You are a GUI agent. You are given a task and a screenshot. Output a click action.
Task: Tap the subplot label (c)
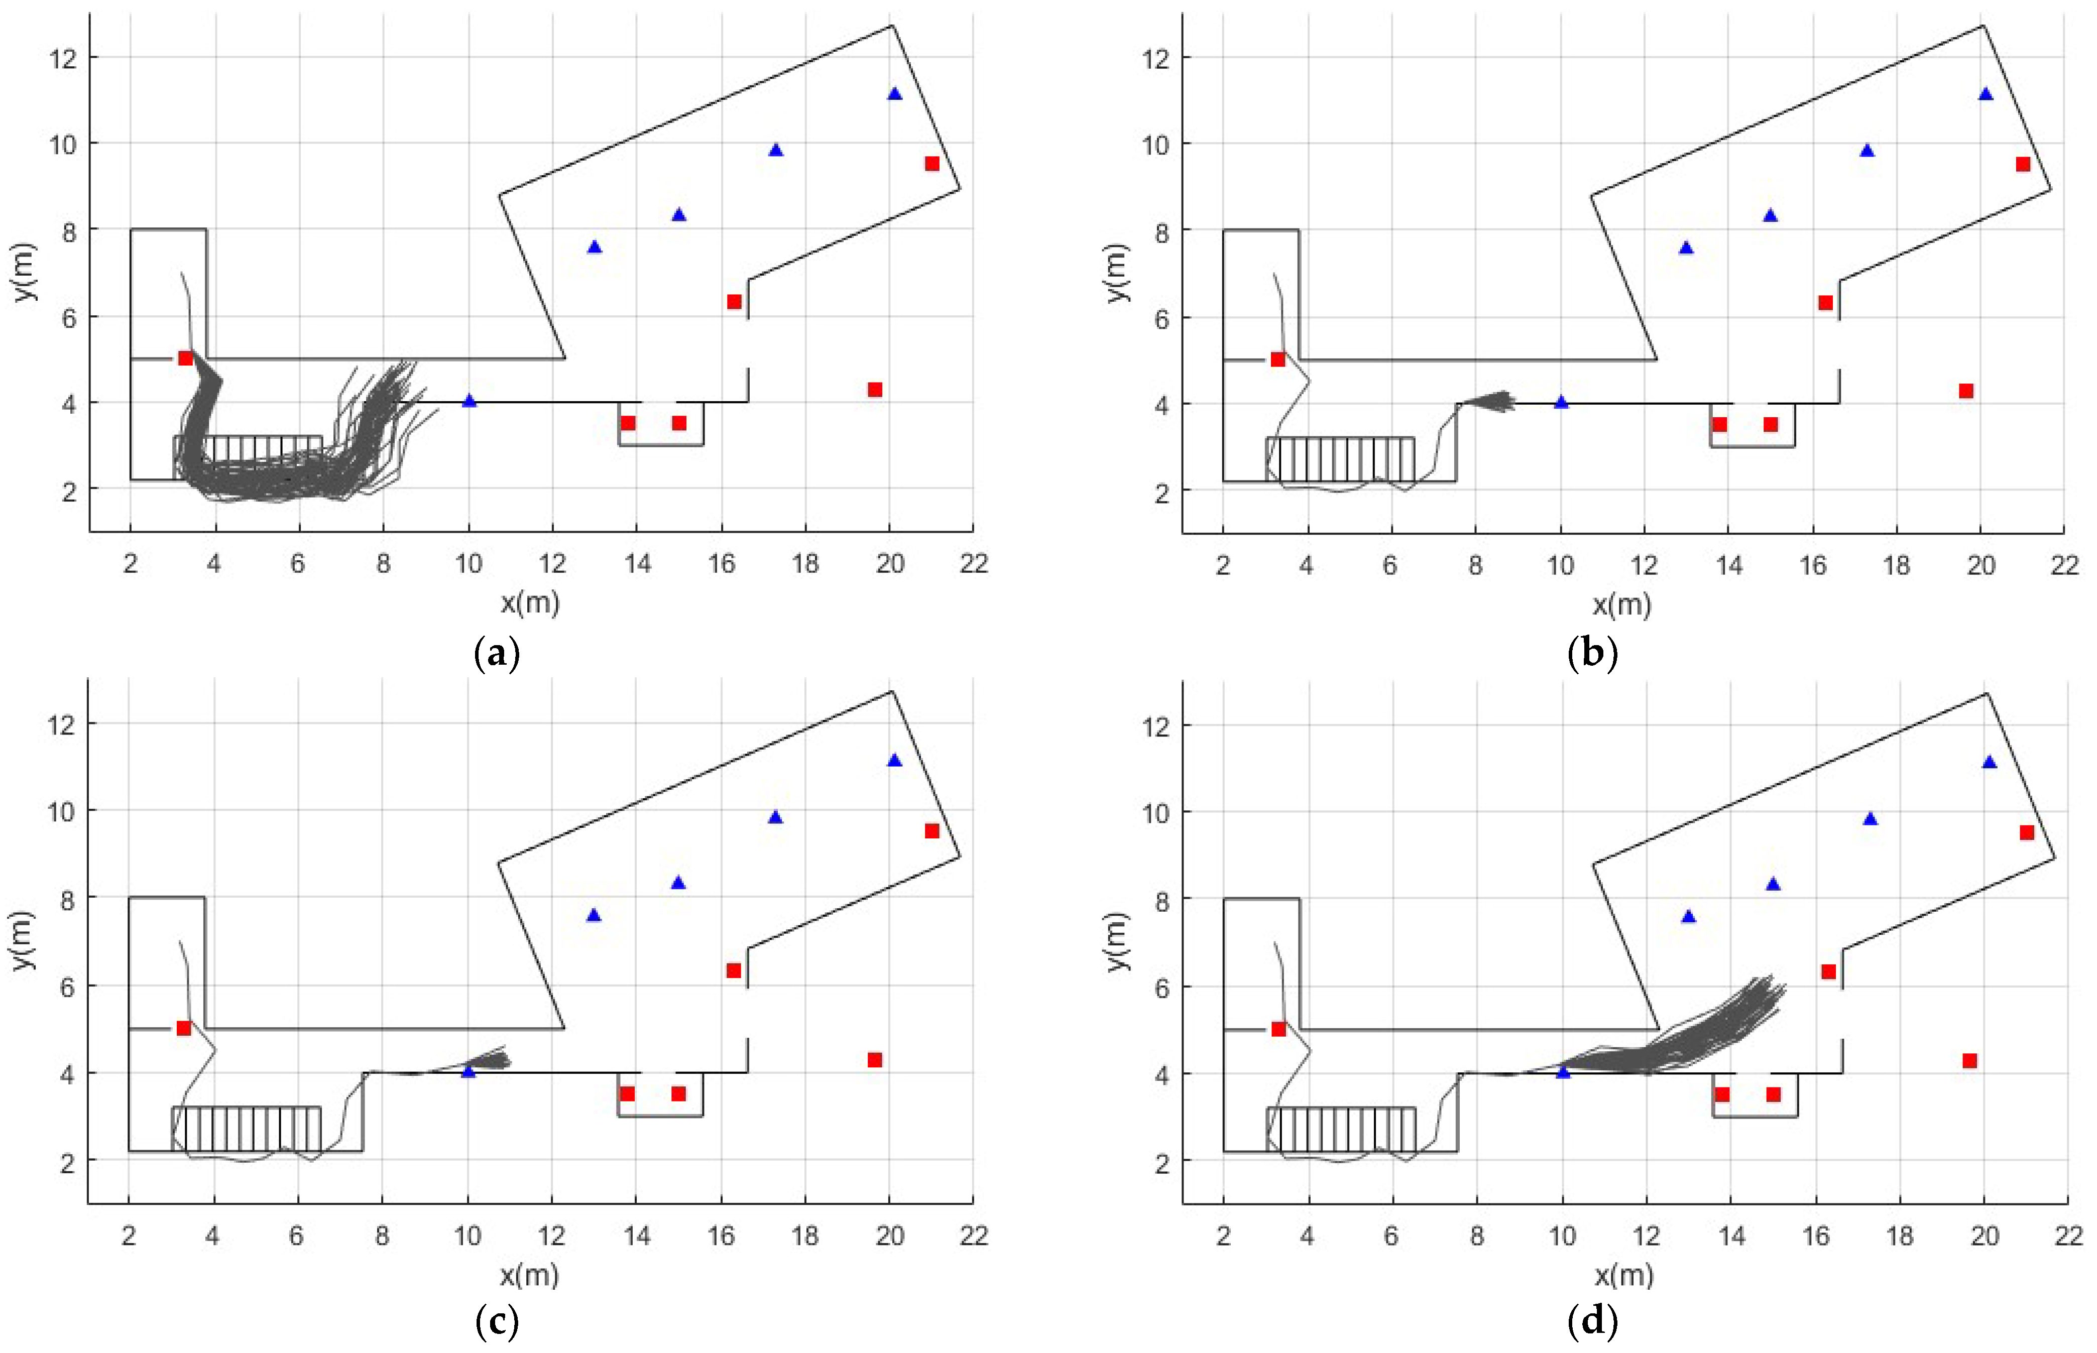(x=497, y=1320)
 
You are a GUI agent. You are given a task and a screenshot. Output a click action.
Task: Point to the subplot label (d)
(x=1592, y=1320)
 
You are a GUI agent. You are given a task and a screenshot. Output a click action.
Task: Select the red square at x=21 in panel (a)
(x=932, y=164)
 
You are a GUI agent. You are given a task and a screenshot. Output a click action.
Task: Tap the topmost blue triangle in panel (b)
(x=1986, y=94)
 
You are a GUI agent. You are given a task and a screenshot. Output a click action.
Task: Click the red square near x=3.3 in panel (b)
(x=1277, y=359)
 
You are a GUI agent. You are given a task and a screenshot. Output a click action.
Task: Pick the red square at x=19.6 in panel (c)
(x=874, y=1059)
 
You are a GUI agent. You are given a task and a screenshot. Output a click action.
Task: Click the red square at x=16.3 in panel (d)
(x=1828, y=972)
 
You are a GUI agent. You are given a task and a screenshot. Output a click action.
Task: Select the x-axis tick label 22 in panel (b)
(x=2064, y=564)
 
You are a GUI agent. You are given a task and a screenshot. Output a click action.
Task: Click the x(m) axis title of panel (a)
(x=530, y=602)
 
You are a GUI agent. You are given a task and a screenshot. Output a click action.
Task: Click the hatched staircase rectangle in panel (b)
(x=1340, y=459)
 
